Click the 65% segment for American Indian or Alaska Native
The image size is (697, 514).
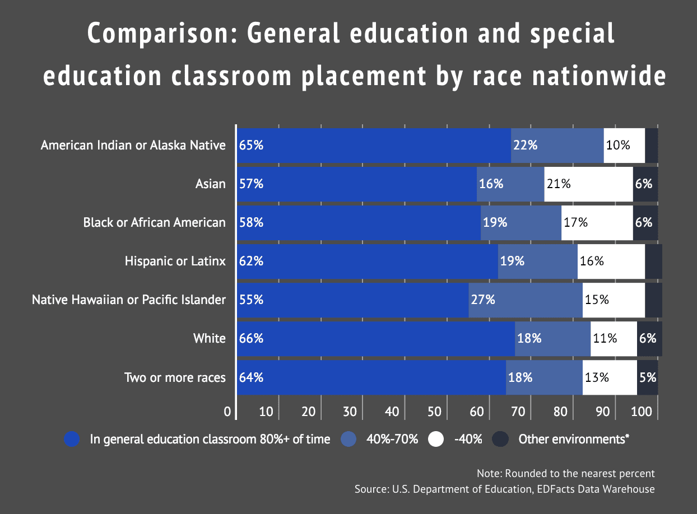374,146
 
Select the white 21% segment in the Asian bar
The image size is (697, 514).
588,184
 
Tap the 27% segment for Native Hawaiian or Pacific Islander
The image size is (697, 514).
525,300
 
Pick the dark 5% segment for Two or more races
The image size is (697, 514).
647,377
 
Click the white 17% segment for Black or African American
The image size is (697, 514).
597,222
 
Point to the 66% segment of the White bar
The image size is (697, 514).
375,338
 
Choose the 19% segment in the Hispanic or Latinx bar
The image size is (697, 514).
537,261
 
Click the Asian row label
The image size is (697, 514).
210,184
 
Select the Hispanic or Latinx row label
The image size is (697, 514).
175,261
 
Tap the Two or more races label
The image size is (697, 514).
175,377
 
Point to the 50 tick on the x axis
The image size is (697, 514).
434,412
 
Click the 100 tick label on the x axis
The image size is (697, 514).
642,412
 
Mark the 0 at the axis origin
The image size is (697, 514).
227,412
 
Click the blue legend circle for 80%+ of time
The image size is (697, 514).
72,439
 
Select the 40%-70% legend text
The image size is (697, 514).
392,439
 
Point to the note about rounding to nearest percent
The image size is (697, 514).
565,473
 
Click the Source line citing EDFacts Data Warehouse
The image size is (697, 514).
504,489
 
